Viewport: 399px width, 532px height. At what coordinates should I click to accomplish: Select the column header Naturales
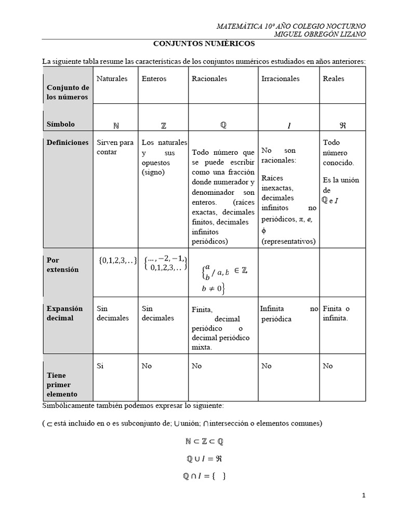[112, 79]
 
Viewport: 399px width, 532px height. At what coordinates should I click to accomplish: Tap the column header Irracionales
[280, 79]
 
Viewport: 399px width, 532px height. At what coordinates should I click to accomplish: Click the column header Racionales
[209, 79]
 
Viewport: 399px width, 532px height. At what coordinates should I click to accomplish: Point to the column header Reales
[333, 79]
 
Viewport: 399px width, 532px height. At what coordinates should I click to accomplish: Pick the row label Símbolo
[61, 124]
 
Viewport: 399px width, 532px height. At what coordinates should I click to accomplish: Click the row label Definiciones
[67, 142]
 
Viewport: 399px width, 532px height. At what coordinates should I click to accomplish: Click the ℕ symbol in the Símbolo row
[115, 126]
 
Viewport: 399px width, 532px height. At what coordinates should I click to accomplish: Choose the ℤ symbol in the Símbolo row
[164, 126]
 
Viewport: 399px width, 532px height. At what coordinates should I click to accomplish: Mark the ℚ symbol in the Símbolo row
[223, 125]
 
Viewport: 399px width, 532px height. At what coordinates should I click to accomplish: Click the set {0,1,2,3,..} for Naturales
[117, 261]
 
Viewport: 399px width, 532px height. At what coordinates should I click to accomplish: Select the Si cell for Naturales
[101, 366]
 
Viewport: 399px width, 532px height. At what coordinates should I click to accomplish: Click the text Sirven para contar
[115, 147]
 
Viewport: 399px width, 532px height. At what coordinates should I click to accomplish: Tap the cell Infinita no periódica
[289, 314]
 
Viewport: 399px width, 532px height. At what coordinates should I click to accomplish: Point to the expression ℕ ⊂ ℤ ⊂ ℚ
[204, 442]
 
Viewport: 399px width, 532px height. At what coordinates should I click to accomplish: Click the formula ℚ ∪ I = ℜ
[204, 459]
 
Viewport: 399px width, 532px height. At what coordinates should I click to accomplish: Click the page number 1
[364, 496]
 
